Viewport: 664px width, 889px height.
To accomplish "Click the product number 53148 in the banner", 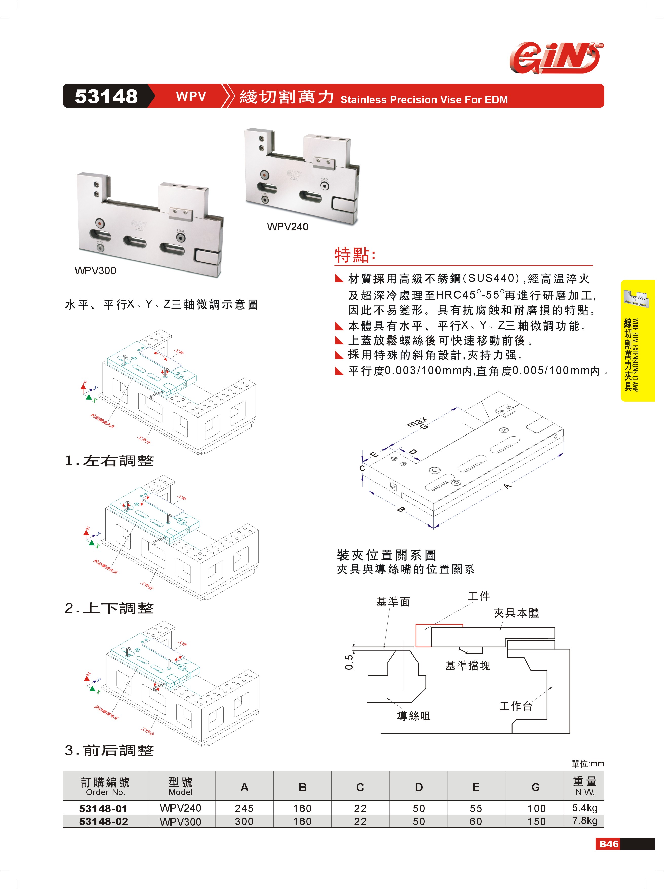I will (x=106, y=97).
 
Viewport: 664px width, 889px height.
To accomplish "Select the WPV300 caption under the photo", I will (x=95, y=270).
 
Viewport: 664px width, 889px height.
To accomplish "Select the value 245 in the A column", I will (x=244, y=808).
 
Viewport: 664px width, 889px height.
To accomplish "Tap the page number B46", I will (x=609, y=844).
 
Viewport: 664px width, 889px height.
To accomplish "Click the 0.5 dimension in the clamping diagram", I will (x=349, y=662).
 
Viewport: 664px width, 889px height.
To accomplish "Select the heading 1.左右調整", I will (x=109, y=461).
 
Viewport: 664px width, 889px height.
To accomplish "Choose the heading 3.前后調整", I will (x=109, y=750).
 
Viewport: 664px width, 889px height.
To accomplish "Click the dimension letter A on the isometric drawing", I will (x=508, y=486).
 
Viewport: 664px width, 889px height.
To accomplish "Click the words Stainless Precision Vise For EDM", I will (x=424, y=100).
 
